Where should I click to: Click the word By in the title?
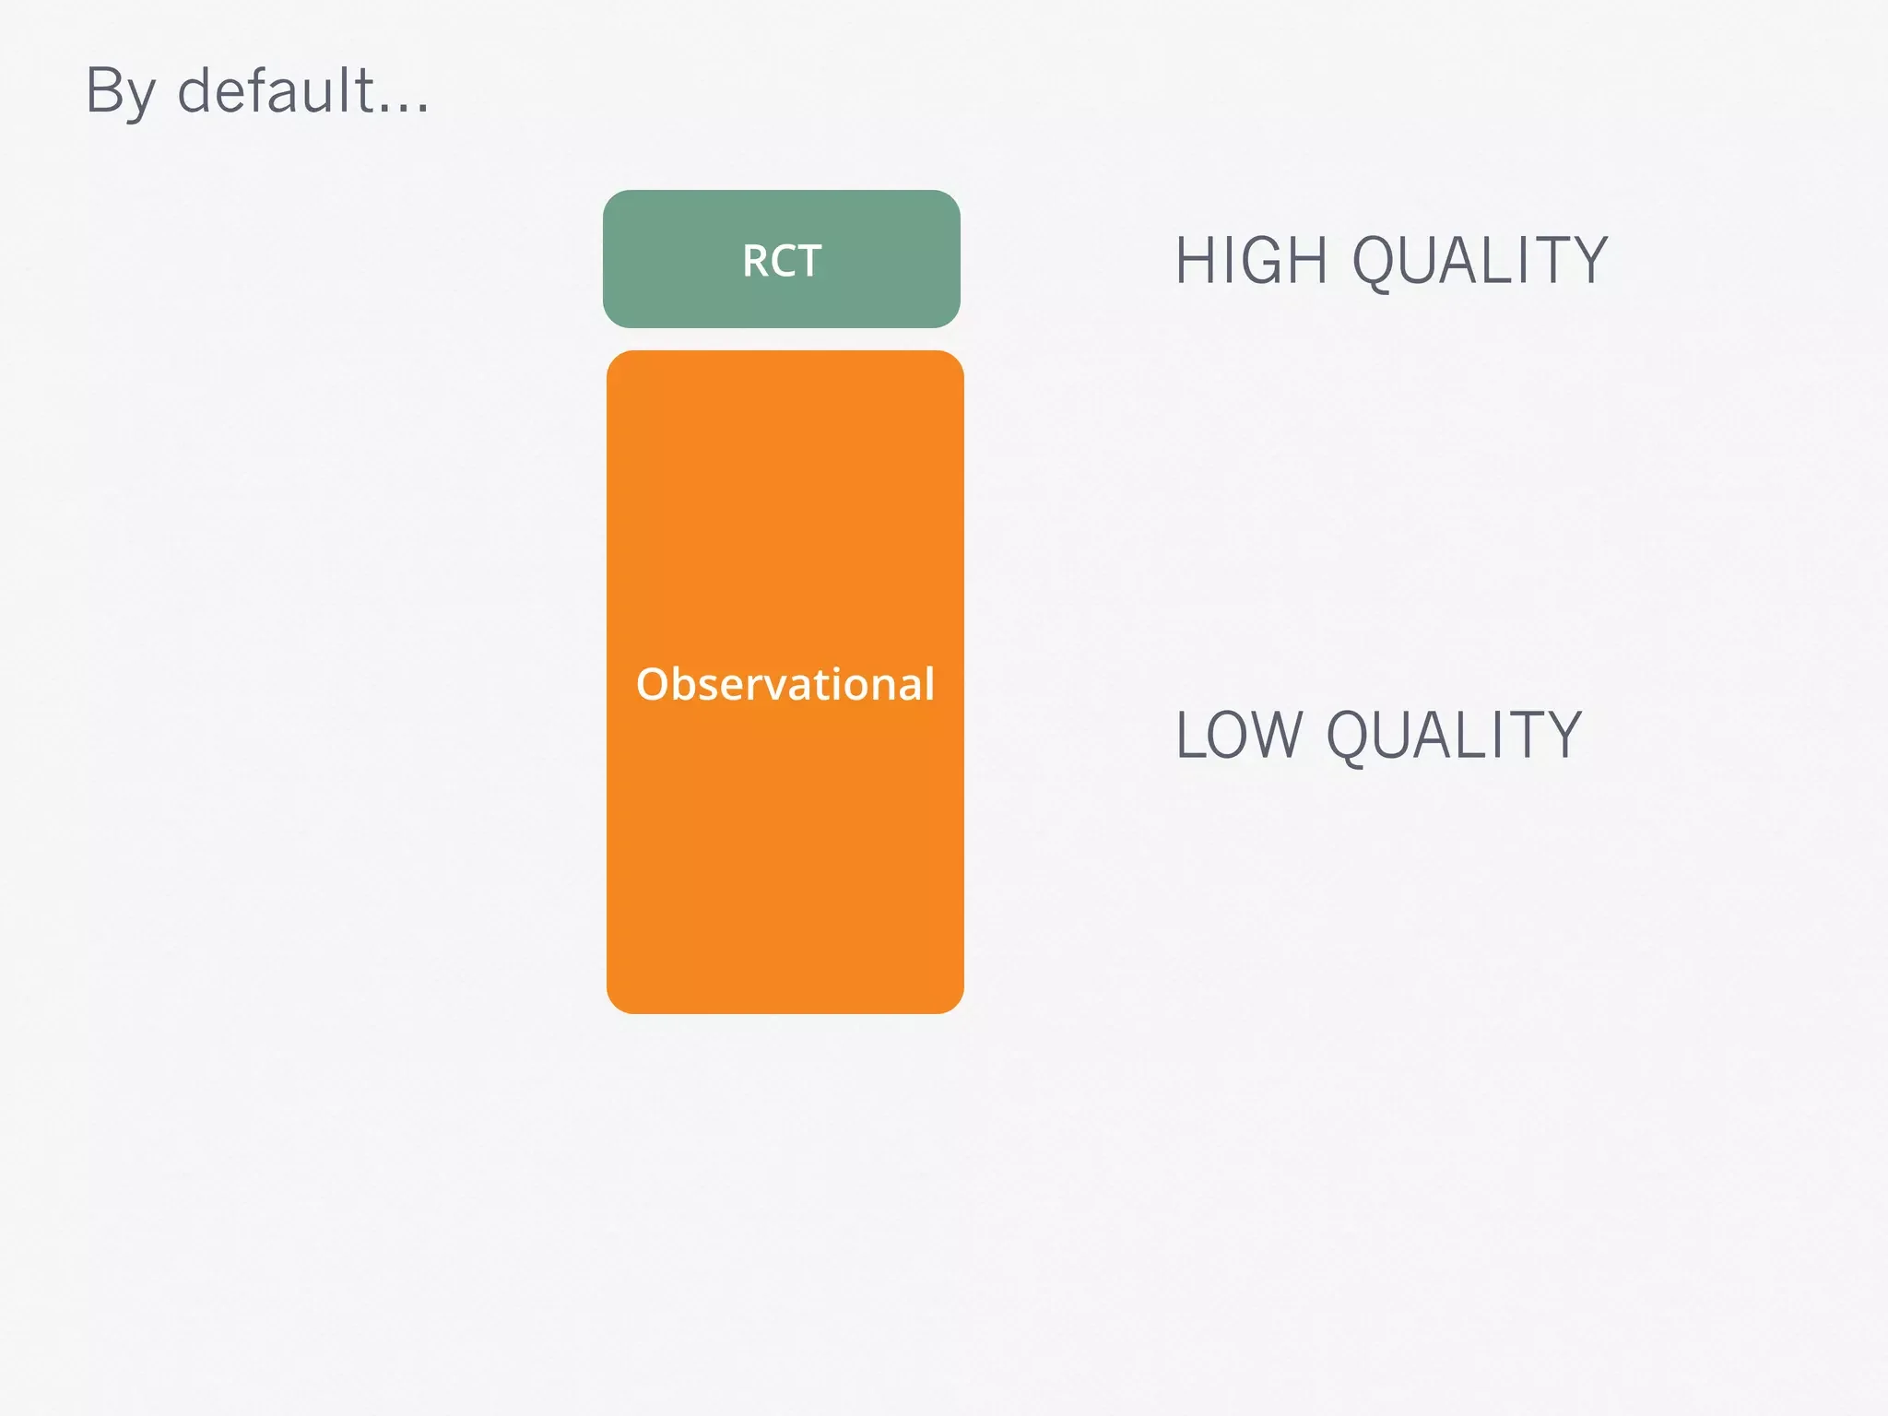pyautogui.click(x=120, y=92)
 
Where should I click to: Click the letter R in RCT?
pyautogui.click(x=756, y=261)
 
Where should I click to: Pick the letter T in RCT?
pyautogui.click(x=808, y=261)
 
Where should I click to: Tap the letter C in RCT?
pyautogui.click(x=783, y=261)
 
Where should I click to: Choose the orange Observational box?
pyautogui.click(x=785, y=830)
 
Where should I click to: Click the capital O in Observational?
pyautogui.click(x=652, y=684)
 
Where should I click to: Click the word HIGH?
pyautogui.click(x=1250, y=261)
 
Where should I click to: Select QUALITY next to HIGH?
pyautogui.click(x=1480, y=261)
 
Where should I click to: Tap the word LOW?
pyautogui.click(x=1238, y=736)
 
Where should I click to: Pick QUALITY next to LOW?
pyautogui.click(x=1454, y=736)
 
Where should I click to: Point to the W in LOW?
pyautogui.click(x=1277, y=736)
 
